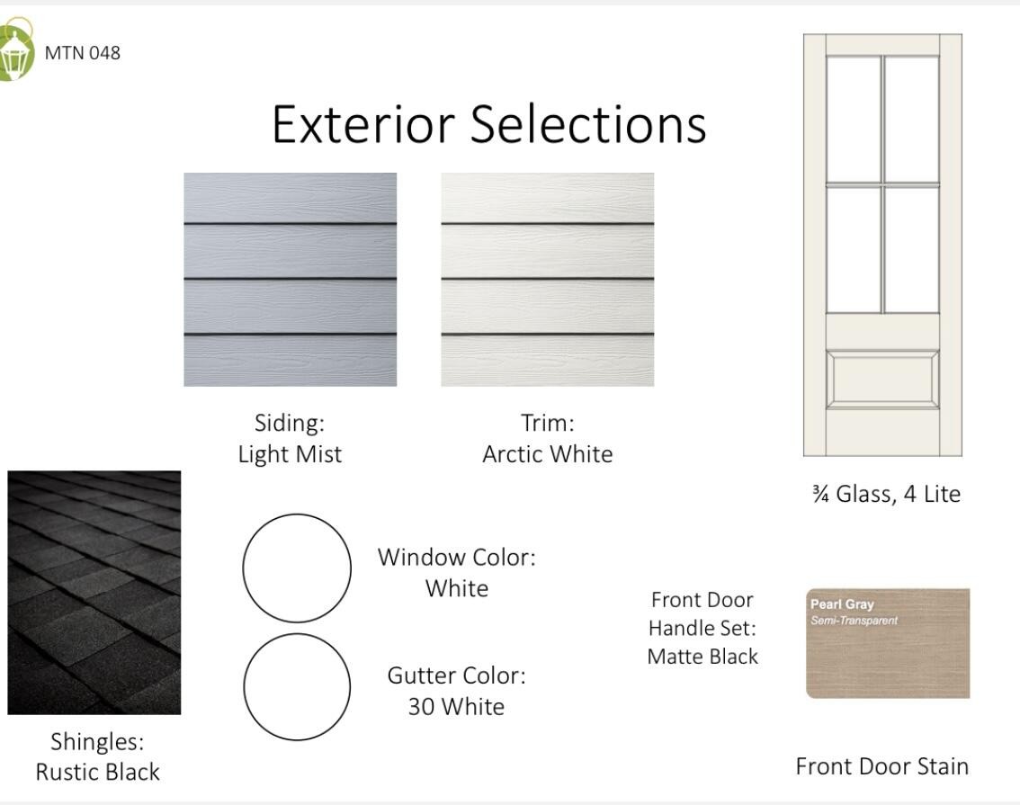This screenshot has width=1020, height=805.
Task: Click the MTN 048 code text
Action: [83, 53]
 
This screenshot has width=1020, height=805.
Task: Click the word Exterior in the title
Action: [363, 124]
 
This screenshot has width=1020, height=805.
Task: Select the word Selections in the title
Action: [588, 124]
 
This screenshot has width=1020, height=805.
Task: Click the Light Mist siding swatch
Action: [291, 280]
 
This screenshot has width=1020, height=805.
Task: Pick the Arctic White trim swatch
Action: [548, 280]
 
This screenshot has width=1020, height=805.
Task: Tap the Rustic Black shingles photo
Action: [94, 593]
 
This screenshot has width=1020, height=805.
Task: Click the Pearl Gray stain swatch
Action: [888, 644]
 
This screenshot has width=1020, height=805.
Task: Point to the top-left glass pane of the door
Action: [854, 120]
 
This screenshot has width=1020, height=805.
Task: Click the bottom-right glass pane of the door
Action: [912, 250]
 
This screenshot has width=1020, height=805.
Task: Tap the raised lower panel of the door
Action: [882, 379]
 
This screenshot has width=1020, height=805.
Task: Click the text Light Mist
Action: [291, 454]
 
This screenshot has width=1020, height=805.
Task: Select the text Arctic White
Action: [548, 454]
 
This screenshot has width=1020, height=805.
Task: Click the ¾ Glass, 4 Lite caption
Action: [886, 494]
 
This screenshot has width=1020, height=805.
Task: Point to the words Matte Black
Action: [702, 656]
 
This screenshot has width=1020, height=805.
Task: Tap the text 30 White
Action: [456, 706]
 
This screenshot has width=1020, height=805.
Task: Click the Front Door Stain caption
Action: [882, 766]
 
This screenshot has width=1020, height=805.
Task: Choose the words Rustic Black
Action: [97, 772]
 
